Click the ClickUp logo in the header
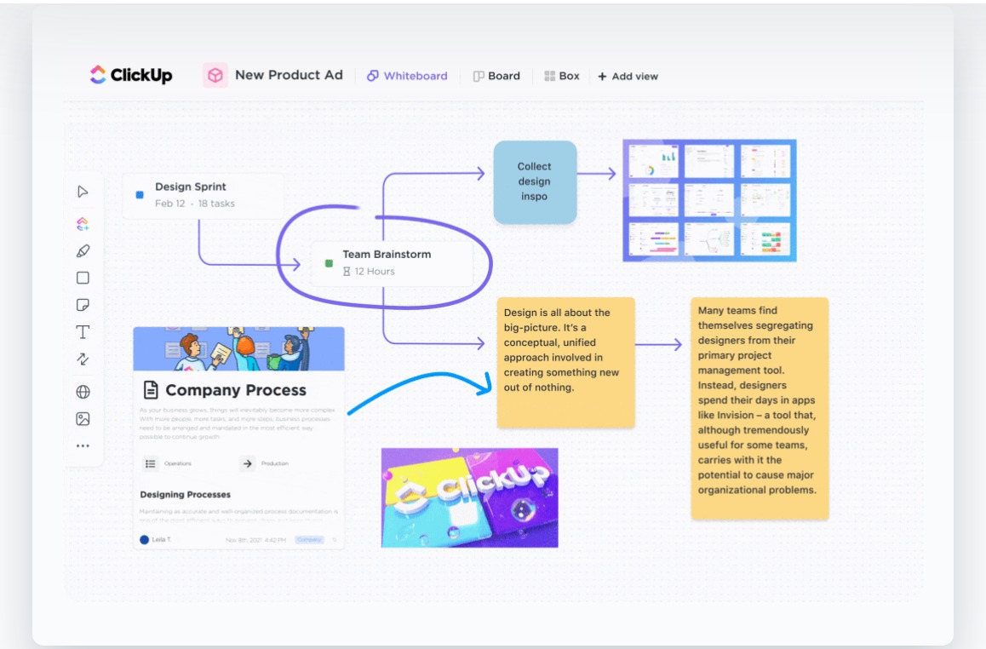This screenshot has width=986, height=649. [x=131, y=76]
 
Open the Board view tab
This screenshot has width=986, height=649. [x=496, y=76]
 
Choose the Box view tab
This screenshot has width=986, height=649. [x=562, y=76]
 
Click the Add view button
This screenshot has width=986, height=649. [x=628, y=77]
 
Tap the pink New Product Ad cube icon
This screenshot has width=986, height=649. [x=215, y=75]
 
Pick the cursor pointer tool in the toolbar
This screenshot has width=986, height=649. [x=83, y=192]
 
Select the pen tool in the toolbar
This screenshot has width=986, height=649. [x=83, y=251]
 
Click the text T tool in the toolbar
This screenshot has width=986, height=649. [x=83, y=332]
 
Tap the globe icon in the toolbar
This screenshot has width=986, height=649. [x=83, y=392]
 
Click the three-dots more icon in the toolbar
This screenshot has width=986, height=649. [x=83, y=445]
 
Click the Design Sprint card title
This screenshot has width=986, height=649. [x=191, y=187]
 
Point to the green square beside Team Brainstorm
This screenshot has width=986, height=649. [x=329, y=263]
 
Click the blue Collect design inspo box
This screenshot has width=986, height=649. [x=535, y=181]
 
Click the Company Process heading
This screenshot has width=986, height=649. [x=235, y=390]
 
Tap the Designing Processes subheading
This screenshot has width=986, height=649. [x=185, y=494]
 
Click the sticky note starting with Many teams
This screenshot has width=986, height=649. [x=760, y=407]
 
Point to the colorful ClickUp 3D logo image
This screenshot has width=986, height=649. [x=469, y=497]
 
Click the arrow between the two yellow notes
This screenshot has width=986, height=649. [x=659, y=345]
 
